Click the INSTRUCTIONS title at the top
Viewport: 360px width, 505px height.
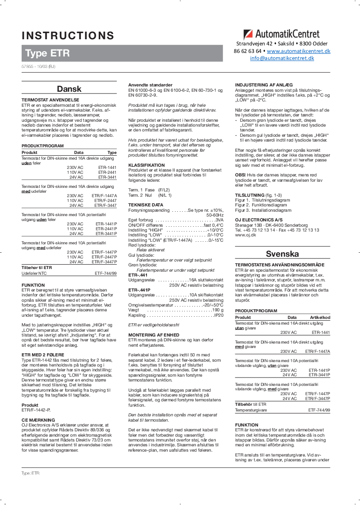tap(68, 36)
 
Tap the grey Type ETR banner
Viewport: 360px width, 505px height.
tap(48, 53)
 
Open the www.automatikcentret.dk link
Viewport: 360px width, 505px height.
tap(298, 51)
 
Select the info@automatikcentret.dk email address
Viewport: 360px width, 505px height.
tap(282, 58)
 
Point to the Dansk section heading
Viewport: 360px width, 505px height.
tap(69, 89)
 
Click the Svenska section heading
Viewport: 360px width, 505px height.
tap(282, 254)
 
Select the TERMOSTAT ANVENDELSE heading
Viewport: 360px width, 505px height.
tap(50, 100)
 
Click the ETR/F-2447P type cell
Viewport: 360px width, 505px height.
tap(104, 257)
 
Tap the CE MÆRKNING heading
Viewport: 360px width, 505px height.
tap(38, 419)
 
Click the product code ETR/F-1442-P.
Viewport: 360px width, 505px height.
tap(33, 410)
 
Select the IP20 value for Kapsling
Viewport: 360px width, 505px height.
tap(218, 315)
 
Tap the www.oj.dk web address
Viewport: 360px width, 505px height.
tap(243, 235)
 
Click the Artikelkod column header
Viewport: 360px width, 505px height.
tap(320, 318)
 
